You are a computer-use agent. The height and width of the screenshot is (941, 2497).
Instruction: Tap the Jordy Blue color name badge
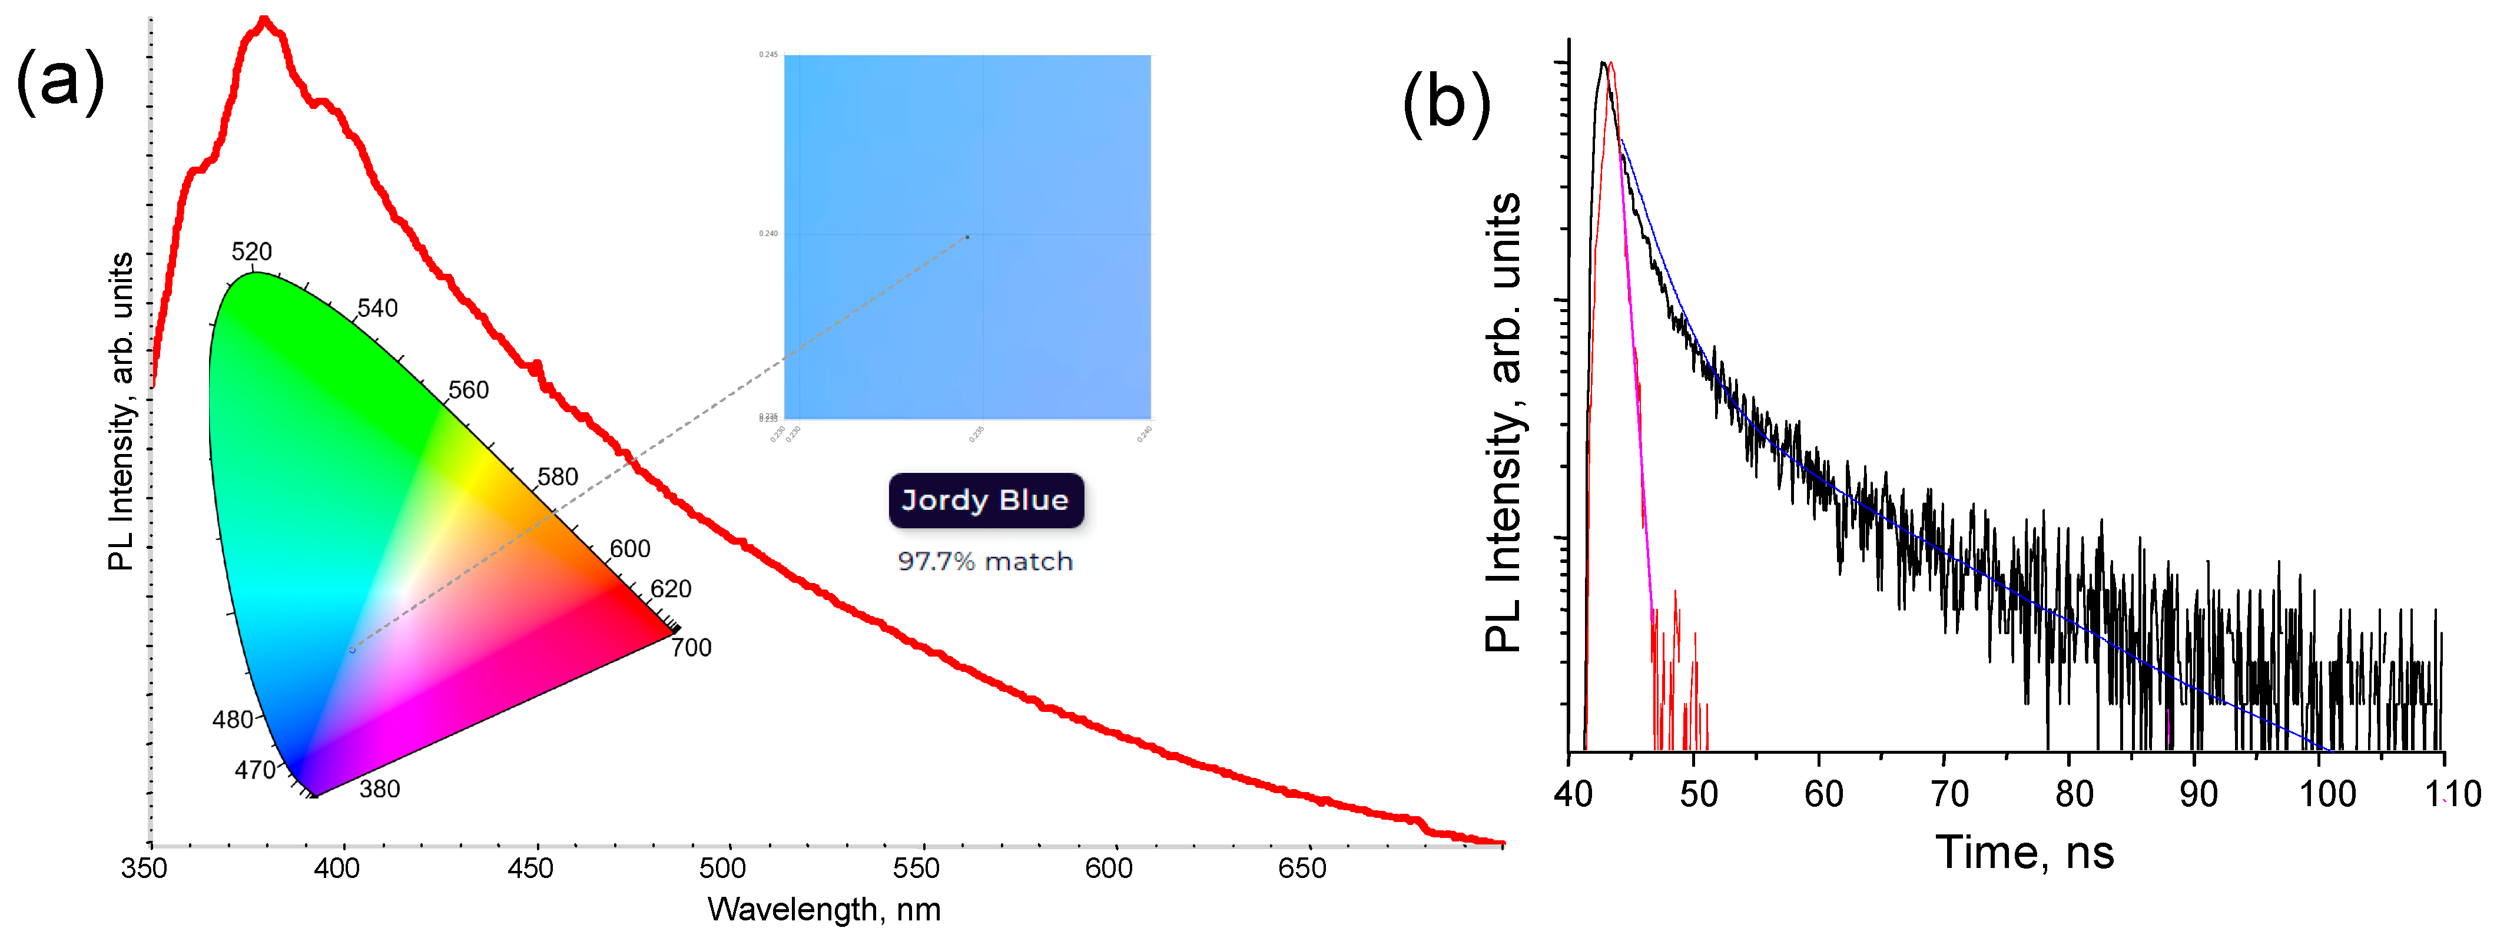985,500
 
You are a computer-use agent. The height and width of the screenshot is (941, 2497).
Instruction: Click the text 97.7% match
985,561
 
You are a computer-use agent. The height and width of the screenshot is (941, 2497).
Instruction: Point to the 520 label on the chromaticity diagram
251,252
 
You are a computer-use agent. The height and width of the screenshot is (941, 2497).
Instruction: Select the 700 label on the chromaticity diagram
691,647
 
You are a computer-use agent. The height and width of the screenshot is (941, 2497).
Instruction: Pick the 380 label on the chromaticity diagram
379,789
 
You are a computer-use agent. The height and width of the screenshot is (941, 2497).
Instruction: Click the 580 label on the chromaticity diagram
558,477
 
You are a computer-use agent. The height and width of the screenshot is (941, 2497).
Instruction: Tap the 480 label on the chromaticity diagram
233,719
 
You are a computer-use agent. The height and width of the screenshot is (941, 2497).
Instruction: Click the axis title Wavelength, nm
824,910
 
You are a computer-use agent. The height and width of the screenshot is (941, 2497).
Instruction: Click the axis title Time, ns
2024,853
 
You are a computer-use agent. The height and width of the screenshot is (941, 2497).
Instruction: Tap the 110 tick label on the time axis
2452,794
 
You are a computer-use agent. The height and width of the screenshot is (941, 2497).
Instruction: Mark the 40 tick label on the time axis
1573,794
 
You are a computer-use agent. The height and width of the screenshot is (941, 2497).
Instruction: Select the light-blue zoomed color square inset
966,237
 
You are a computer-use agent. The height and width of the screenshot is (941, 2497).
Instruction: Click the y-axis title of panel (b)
1503,422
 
